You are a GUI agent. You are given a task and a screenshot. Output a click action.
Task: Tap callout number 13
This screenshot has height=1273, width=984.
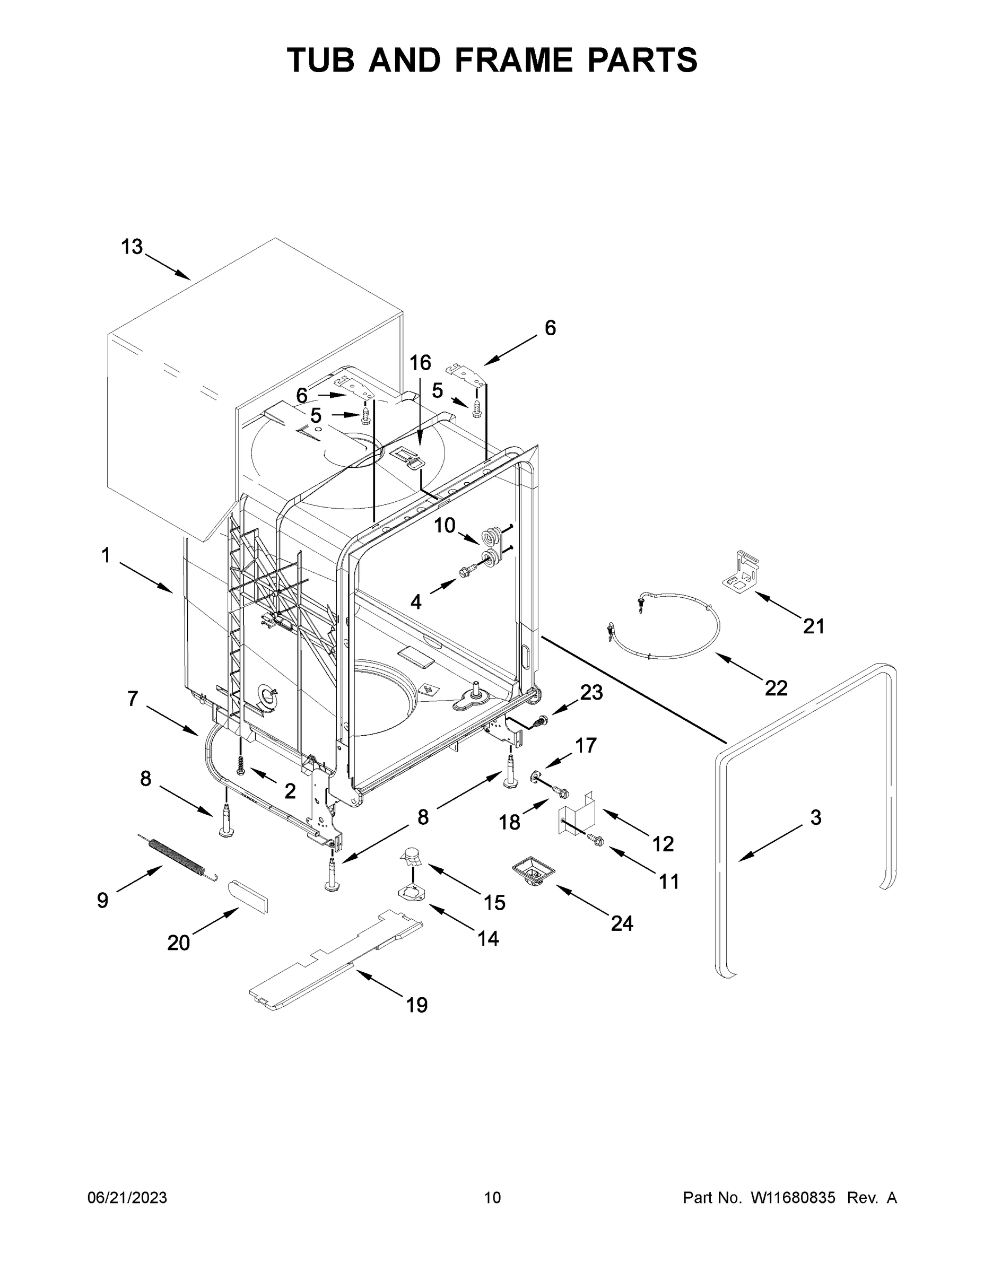(x=132, y=247)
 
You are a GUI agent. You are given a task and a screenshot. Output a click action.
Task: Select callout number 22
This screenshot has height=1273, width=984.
(x=776, y=688)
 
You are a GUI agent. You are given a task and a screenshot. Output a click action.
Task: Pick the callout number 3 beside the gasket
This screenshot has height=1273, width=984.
(x=815, y=818)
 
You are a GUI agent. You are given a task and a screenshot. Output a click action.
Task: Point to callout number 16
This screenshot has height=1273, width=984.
(x=420, y=363)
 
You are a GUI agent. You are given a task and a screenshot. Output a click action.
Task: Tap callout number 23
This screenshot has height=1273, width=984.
(x=591, y=692)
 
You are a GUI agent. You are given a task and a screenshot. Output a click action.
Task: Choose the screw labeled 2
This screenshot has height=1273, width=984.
(x=240, y=764)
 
